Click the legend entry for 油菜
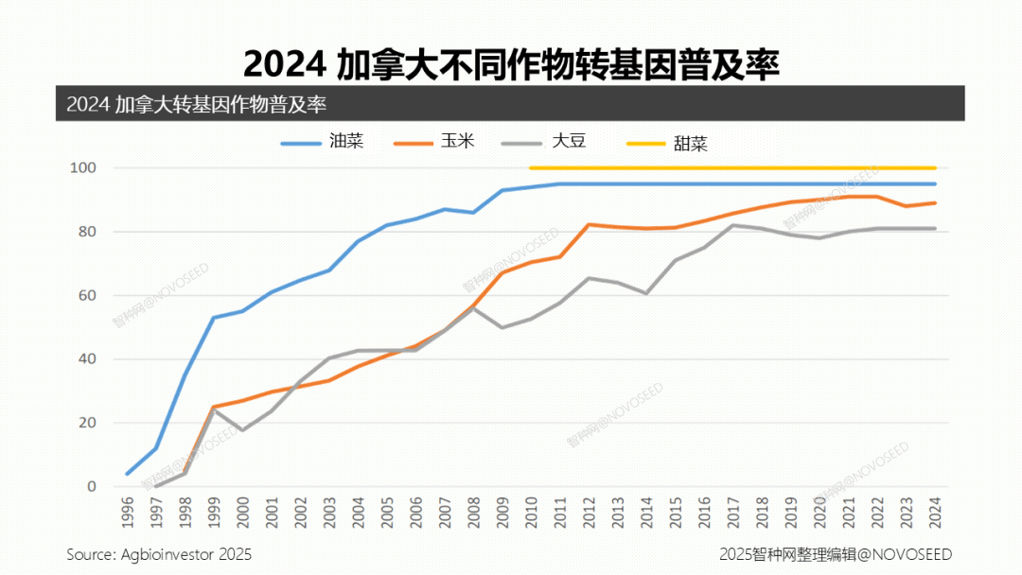322,142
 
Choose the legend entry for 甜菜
667,144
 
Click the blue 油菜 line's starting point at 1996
128,474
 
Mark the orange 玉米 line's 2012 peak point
589,224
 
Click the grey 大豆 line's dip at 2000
242,430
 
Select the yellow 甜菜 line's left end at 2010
531,168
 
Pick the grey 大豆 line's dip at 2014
646,293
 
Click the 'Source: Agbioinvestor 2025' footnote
159,554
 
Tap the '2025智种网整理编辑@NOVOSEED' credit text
836,554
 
